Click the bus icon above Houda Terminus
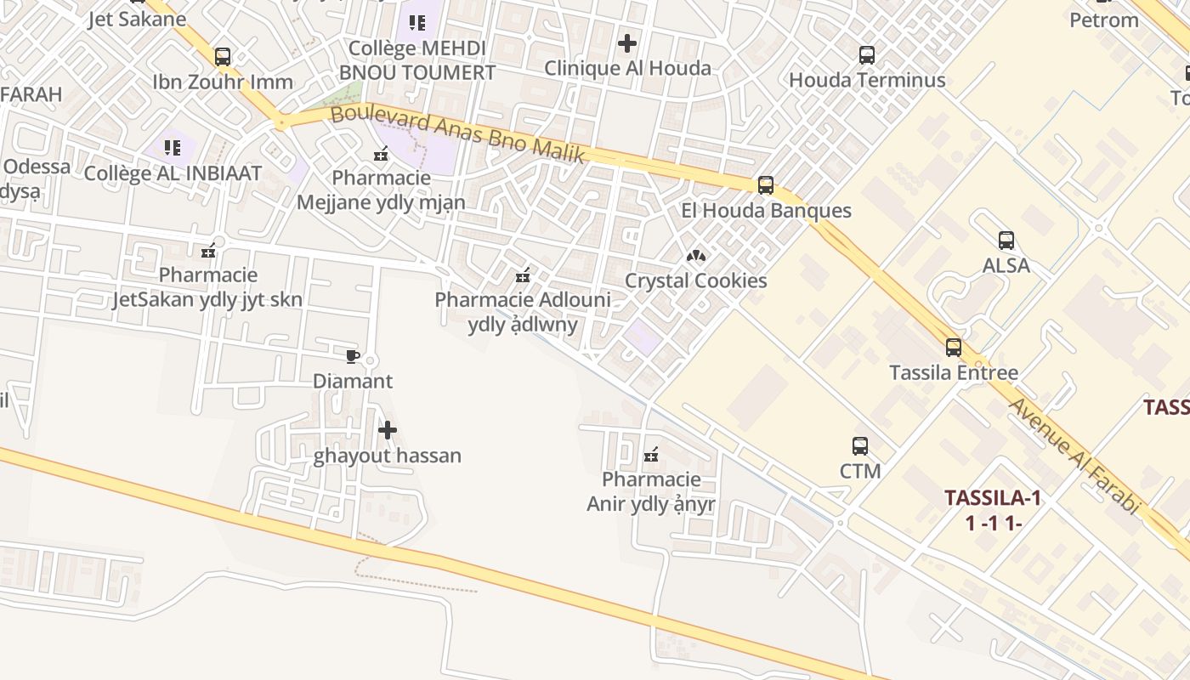click(867, 55)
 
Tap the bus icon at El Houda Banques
click(766, 185)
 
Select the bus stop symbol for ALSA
click(1006, 241)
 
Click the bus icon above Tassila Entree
click(954, 347)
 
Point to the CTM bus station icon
click(860, 445)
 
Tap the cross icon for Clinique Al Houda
click(627, 42)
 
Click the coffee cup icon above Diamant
click(353, 356)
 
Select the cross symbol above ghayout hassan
click(388, 430)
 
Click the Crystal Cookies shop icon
click(696, 255)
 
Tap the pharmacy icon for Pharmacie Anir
click(651, 455)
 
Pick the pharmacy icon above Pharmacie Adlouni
click(523, 275)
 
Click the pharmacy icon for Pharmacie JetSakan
click(208, 250)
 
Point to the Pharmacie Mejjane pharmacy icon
click(381, 154)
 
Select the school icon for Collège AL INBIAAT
click(173, 148)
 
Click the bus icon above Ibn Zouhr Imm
click(223, 57)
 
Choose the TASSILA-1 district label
click(993, 498)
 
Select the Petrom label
click(1103, 20)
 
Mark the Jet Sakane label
click(137, 19)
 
